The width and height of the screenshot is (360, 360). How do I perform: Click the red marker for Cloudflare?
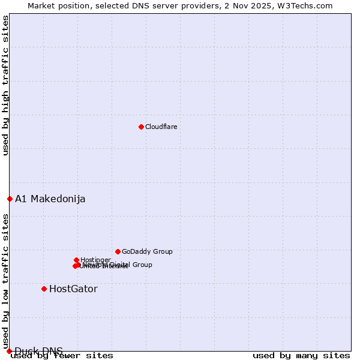coord(141,127)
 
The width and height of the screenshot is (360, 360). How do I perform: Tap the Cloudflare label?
coord(161,127)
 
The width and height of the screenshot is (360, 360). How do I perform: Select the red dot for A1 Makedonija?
coord(10,199)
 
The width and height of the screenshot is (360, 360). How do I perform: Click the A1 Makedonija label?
coord(50,199)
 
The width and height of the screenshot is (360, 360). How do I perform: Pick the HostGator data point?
coord(44,289)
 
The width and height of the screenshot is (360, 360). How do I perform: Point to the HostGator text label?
coord(73,289)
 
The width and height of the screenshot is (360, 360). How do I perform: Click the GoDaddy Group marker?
coord(118,251)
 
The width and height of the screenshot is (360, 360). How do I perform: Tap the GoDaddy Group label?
coord(147,251)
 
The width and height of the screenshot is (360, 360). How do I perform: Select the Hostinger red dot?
coord(76,260)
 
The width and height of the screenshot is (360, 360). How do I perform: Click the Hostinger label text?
coord(95,260)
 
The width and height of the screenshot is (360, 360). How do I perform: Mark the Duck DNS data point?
coord(9,351)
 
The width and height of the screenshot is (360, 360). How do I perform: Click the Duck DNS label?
coord(38,351)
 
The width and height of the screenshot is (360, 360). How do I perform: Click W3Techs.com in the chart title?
coord(308,5)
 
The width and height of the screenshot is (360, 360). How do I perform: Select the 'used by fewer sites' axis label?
coord(62,356)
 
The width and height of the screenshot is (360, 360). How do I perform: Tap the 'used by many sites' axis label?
coord(301,356)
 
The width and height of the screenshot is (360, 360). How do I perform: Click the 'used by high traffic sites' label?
coord(5,85)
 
